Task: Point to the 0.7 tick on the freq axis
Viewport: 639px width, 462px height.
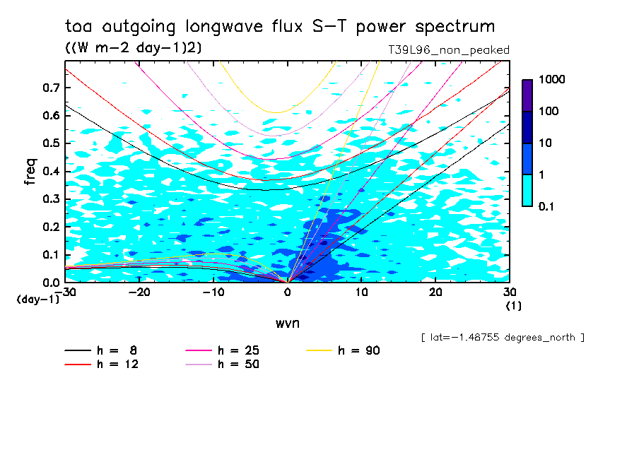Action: (49, 88)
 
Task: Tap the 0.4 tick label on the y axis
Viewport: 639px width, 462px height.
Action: (49, 172)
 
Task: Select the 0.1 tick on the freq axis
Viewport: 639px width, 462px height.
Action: (49, 255)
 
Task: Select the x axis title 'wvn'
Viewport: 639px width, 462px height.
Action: (287, 323)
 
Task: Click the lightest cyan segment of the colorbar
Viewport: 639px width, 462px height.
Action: (527, 190)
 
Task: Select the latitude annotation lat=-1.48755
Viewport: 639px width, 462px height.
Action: (502, 337)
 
